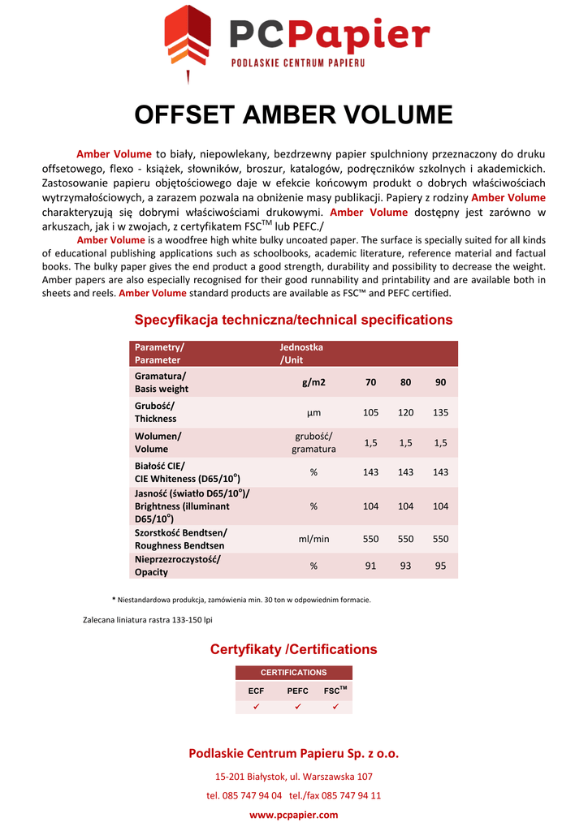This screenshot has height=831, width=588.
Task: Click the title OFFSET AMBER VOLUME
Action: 293,114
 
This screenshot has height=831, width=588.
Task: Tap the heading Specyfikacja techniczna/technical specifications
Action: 293,320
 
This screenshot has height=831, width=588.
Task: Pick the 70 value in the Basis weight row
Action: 370,382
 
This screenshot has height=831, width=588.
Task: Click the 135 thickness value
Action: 440,412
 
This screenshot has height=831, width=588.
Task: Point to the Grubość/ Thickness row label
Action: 155,412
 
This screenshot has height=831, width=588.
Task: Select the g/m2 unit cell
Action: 313,382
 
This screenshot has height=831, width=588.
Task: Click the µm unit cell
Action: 313,412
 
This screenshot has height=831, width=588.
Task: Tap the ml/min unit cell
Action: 313,539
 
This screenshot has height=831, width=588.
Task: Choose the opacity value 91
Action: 370,566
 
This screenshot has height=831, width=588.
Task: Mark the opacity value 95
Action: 440,566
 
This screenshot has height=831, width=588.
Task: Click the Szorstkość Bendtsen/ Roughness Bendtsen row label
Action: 180,539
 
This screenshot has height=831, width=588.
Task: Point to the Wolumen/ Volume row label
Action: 158,442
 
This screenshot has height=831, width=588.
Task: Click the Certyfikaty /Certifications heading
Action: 293,649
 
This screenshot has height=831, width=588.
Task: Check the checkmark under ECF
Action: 256,707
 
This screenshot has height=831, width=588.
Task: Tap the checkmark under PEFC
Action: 298,707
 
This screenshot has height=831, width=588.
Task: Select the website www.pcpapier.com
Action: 293,815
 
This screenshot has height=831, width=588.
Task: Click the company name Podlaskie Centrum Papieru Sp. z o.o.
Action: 293,753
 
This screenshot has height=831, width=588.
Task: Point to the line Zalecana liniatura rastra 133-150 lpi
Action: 148,620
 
